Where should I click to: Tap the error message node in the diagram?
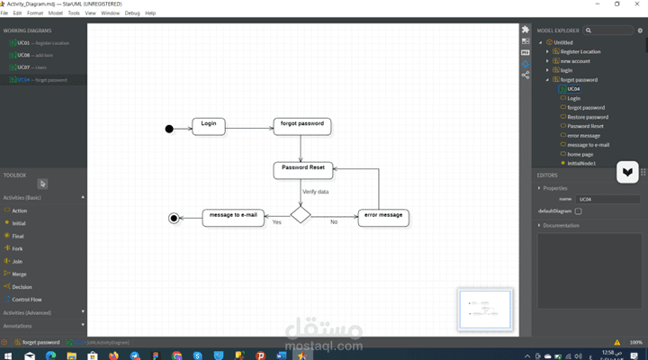coord(383,217)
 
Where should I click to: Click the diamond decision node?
coord(301,215)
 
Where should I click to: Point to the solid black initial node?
coord(169,129)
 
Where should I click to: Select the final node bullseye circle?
coord(174,218)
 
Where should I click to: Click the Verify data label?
coord(315,192)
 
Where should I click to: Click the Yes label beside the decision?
coord(276,222)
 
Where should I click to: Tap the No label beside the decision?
coord(334,222)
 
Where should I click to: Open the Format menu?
coord(34,13)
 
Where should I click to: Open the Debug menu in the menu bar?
coord(132,13)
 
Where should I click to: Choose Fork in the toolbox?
coord(18,248)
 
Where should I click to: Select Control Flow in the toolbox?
coord(26,299)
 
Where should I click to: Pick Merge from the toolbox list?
coord(19,274)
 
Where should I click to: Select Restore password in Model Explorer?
coord(588,117)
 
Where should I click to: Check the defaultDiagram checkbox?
coord(579,211)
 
